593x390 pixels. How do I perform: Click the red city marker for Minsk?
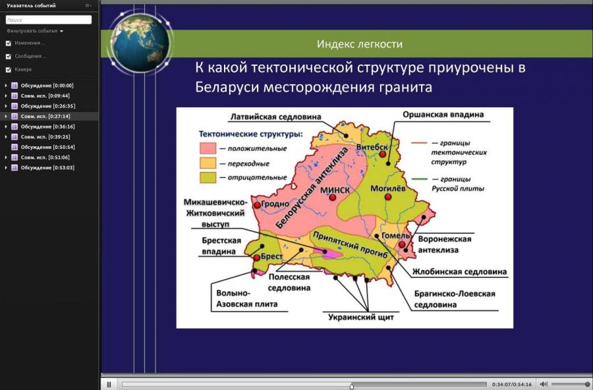coord(333,198)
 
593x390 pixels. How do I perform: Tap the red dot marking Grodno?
coord(257,205)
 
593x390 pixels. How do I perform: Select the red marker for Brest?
coord(257,258)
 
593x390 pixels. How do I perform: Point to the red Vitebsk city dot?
coord(382,154)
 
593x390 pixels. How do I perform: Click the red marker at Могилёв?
coord(387,197)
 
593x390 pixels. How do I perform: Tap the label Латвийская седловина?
coord(275,117)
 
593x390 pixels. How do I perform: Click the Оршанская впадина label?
coord(443,115)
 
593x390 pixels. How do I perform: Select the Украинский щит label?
coord(361,317)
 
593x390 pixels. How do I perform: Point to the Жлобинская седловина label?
coord(459,271)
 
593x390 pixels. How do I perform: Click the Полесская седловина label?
coord(289,282)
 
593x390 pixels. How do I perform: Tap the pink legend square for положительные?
coord(208,148)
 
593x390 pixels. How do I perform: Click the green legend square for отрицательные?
coord(208,177)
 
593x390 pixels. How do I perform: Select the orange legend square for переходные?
coord(208,163)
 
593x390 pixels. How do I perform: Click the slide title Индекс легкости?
coord(360,44)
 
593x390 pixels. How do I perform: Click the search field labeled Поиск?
coord(48,20)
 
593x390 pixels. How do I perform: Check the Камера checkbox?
coord(9,70)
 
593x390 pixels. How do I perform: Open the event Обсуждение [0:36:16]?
coord(47,126)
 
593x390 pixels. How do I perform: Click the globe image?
coord(140,43)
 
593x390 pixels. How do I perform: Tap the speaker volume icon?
coord(544,384)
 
